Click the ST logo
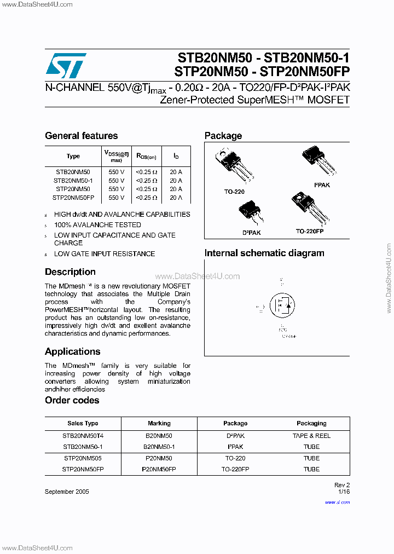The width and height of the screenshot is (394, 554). point(66,66)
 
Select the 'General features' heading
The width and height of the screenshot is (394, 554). point(81,136)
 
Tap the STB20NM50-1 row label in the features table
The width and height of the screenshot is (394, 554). point(73,180)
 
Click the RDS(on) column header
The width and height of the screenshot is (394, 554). point(146,157)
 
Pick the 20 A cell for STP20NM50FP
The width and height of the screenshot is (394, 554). point(176,197)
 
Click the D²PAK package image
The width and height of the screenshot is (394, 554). point(251,213)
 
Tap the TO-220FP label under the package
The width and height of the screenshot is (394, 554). point(310,232)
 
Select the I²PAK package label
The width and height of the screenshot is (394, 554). point(322,185)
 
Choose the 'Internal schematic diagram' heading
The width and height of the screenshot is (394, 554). point(264,253)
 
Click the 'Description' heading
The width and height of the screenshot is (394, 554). point(70,272)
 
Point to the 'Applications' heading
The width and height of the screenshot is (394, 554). point(72,351)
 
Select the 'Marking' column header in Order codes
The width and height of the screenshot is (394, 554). point(159,423)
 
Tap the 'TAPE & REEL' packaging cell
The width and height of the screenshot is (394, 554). point(311,436)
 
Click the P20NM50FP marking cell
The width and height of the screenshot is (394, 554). point(159,469)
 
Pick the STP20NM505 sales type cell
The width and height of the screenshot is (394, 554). point(83,458)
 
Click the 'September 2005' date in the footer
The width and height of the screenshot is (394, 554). point(67,492)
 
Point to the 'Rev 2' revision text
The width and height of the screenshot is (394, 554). point(341,485)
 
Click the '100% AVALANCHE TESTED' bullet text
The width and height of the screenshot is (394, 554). point(97,225)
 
